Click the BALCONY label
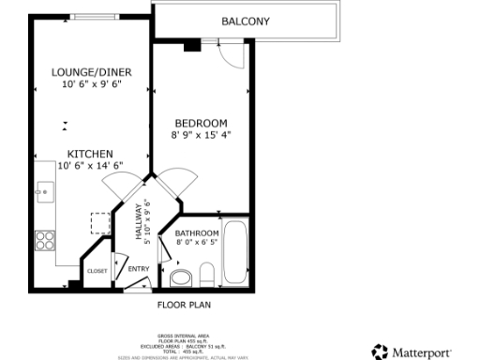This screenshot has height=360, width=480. pyautogui.click(x=246, y=22)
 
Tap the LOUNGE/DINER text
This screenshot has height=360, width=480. pyautogui.click(x=90, y=72)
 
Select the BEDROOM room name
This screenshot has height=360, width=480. pyautogui.click(x=201, y=124)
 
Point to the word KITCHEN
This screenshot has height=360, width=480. pyautogui.click(x=90, y=154)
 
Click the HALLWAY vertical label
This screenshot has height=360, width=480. pyautogui.click(x=138, y=222)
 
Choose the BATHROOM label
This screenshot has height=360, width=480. pyautogui.click(x=197, y=233)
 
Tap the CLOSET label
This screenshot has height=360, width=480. pyautogui.click(x=97, y=271)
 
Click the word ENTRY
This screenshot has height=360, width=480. pyautogui.click(x=138, y=270)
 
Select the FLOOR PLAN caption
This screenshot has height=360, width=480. pyautogui.click(x=183, y=305)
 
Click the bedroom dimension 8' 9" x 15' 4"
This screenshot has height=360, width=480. pyautogui.click(x=201, y=135)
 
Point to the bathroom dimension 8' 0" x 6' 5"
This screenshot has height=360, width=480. pyautogui.click(x=197, y=243)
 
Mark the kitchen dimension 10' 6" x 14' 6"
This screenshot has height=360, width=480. pyautogui.click(x=90, y=165)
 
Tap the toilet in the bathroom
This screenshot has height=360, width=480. pyautogui.click(x=179, y=276)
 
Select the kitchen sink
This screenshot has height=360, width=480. pyautogui.click(x=43, y=192)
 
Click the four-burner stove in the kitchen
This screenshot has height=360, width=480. pyautogui.click(x=45, y=239)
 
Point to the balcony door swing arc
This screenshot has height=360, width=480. pyautogui.click(x=233, y=56)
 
